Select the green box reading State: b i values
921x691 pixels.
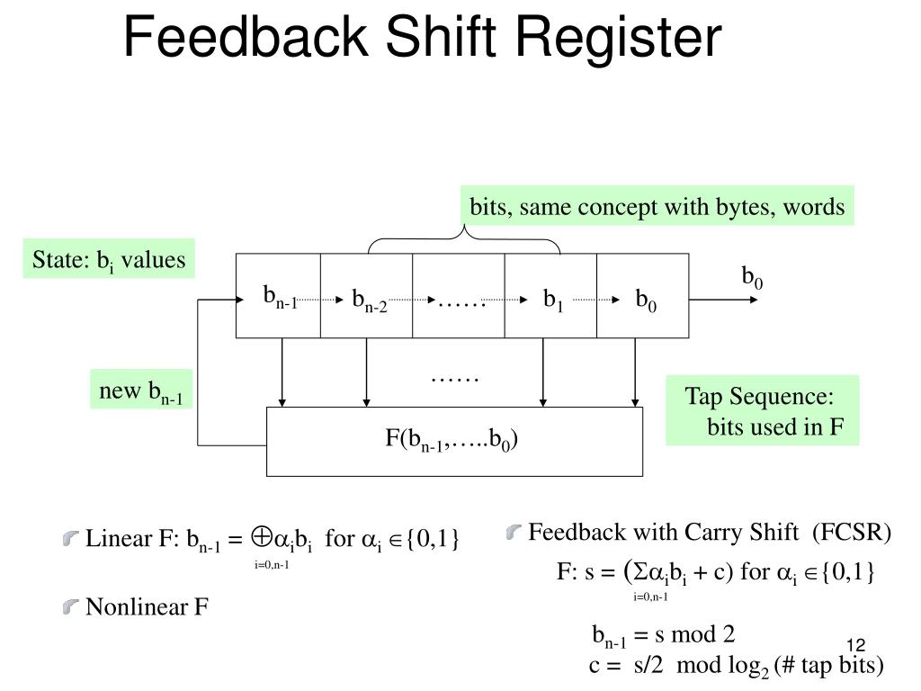(x=109, y=260)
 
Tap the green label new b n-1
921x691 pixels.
(x=141, y=391)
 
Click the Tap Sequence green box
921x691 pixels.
(x=762, y=410)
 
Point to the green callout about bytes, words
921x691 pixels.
(x=657, y=208)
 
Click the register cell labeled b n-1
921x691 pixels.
(x=279, y=296)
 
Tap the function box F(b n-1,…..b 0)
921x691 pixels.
(x=454, y=441)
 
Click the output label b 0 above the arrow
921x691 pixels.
(x=752, y=276)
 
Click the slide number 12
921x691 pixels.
(x=854, y=646)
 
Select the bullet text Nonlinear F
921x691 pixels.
(x=147, y=607)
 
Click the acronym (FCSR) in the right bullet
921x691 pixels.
(x=851, y=533)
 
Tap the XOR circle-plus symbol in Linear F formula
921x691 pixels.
(x=262, y=537)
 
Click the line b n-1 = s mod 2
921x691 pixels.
(x=663, y=635)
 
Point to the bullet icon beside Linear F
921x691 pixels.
(x=71, y=539)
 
